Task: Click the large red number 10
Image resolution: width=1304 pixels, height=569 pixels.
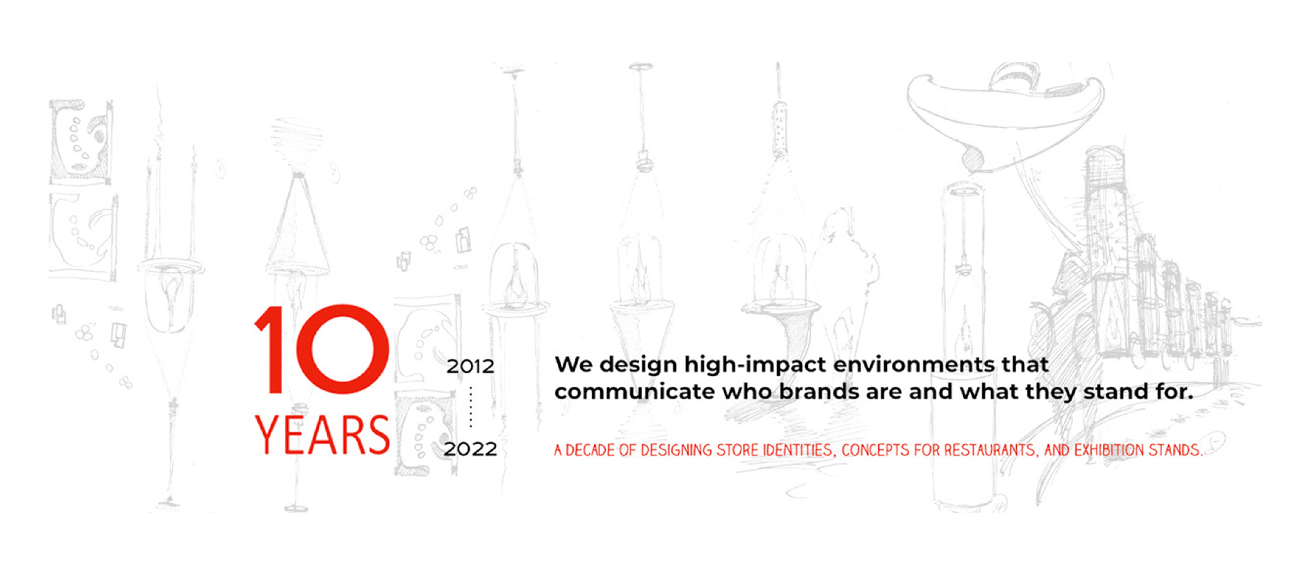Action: pos(322,349)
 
